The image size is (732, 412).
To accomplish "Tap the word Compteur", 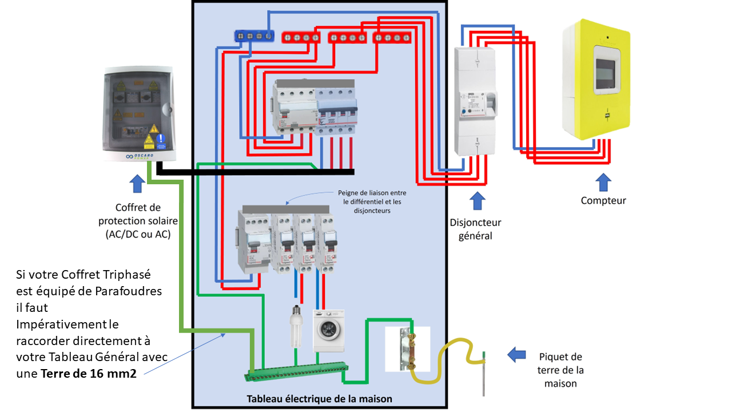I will coord(603,200).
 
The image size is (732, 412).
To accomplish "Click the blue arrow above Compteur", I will coord(603,182).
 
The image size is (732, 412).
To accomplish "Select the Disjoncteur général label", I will coord(475,228).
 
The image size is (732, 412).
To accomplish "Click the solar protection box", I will coord(138,114).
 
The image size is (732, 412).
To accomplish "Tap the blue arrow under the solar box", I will coord(137,184).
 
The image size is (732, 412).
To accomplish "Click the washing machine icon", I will coord(329,330).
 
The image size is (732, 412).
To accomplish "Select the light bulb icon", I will coord(296,326).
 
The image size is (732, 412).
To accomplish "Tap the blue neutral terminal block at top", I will coord(253,36).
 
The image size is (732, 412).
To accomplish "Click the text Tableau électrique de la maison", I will coord(319,398).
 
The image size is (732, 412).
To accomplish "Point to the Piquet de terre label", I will coord(560,370).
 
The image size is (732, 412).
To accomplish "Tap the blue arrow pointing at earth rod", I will coord(517,355).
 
